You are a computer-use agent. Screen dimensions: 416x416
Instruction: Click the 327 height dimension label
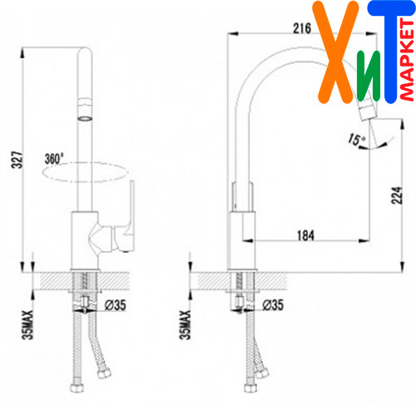click(x=17, y=160)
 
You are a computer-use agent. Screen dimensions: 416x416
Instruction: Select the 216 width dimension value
click(x=302, y=28)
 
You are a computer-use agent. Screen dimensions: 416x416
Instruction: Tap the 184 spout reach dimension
click(x=305, y=235)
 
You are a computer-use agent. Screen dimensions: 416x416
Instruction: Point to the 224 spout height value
click(x=397, y=196)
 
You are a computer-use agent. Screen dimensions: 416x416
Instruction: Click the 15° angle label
click(x=356, y=139)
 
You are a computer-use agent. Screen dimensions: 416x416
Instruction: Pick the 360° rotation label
click(x=54, y=159)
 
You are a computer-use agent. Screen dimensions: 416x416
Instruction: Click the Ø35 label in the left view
click(x=116, y=305)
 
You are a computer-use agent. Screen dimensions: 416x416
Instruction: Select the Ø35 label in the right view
click(x=273, y=305)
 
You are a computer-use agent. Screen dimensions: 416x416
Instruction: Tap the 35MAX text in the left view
click(x=27, y=324)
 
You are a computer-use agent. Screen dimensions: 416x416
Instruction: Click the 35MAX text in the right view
click(x=185, y=324)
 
